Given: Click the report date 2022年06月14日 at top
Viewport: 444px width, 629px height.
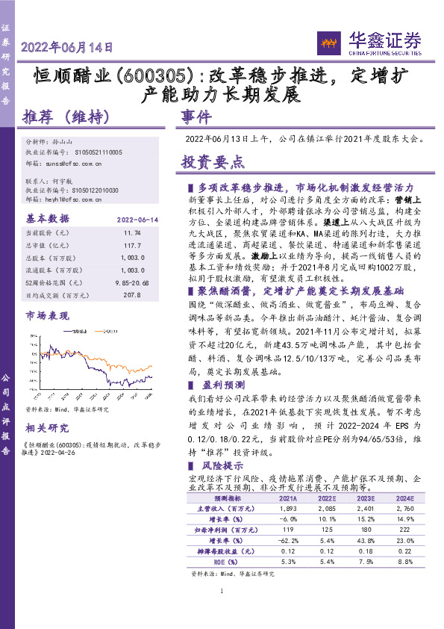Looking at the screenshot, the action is pyautogui.click(x=67, y=47).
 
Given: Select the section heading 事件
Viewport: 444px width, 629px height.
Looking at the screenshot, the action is pyautogui.click(x=197, y=118).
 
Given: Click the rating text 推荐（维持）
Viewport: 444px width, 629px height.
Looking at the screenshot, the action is pyautogui.click(x=67, y=117).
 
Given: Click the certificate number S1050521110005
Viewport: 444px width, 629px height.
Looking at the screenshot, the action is pyautogui.click(x=94, y=152).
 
